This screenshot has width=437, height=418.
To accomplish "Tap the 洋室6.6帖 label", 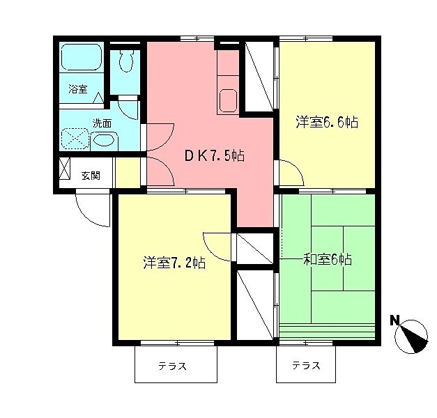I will click(x=326, y=123).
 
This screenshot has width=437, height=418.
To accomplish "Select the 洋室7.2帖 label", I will click(x=174, y=263).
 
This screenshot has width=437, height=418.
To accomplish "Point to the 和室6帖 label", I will click(x=327, y=260).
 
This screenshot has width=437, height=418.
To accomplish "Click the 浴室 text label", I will click(x=77, y=89).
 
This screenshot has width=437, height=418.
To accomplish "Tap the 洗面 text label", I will click(x=102, y=123).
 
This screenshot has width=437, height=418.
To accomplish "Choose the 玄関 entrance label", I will click(x=90, y=175).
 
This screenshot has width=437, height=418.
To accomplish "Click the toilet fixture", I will click(x=125, y=63).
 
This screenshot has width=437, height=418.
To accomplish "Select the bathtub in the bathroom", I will click(x=82, y=56).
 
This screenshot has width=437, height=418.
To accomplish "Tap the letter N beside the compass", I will click(x=394, y=320).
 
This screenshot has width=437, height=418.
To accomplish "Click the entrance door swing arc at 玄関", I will click(x=93, y=210).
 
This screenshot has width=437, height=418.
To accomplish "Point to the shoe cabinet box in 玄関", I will click(x=65, y=169).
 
